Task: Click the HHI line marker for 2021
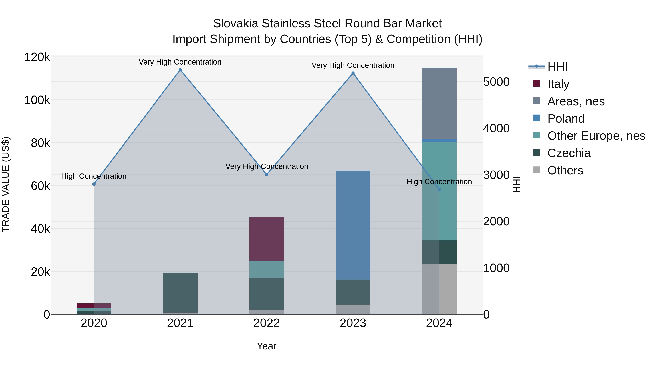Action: pyautogui.click(x=180, y=70)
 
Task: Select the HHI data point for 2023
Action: pyautogui.click(x=353, y=73)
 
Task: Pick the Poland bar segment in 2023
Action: pyautogui.click(x=353, y=225)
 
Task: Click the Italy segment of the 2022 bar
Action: pyautogui.click(x=267, y=239)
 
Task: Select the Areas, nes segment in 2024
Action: pyautogui.click(x=439, y=103)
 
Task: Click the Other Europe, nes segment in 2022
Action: pyautogui.click(x=267, y=269)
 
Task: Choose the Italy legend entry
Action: pyautogui.click(x=558, y=84)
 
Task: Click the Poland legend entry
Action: pyautogui.click(x=566, y=119)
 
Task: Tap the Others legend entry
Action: pyautogui.click(x=565, y=170)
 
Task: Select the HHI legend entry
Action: pyautogui.click(x=557, y=67)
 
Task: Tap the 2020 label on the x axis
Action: pyautogui.click(x=94, y=323)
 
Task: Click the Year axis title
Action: pyautogui.click(x=267, y=346)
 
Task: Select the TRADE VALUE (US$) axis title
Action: pyautogui.click(x=6, y=184)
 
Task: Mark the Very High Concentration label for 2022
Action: pyautogui.click(x=267, y=167)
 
